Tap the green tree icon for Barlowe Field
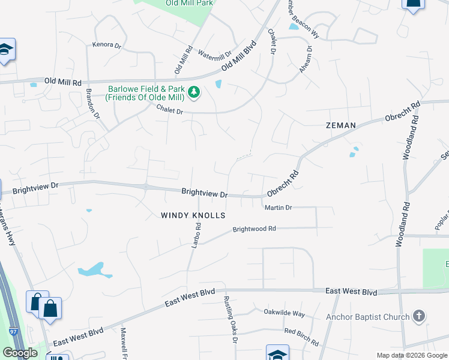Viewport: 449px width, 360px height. (194, 92)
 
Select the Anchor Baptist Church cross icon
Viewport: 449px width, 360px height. (420, 316)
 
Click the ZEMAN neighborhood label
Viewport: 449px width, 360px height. (341, 125)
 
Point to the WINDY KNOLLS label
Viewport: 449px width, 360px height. (193, 215)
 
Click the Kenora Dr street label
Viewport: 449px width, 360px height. (106, 44)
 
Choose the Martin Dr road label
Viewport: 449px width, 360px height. (278, 208)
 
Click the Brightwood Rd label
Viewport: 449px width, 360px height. (254, 229)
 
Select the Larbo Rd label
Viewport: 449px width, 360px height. (195, 234)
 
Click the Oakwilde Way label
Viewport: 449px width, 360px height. (285, 313)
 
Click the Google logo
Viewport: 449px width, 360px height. (20, 353)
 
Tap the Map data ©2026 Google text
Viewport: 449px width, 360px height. (411, 355)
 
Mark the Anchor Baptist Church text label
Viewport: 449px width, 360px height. (367, 317)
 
